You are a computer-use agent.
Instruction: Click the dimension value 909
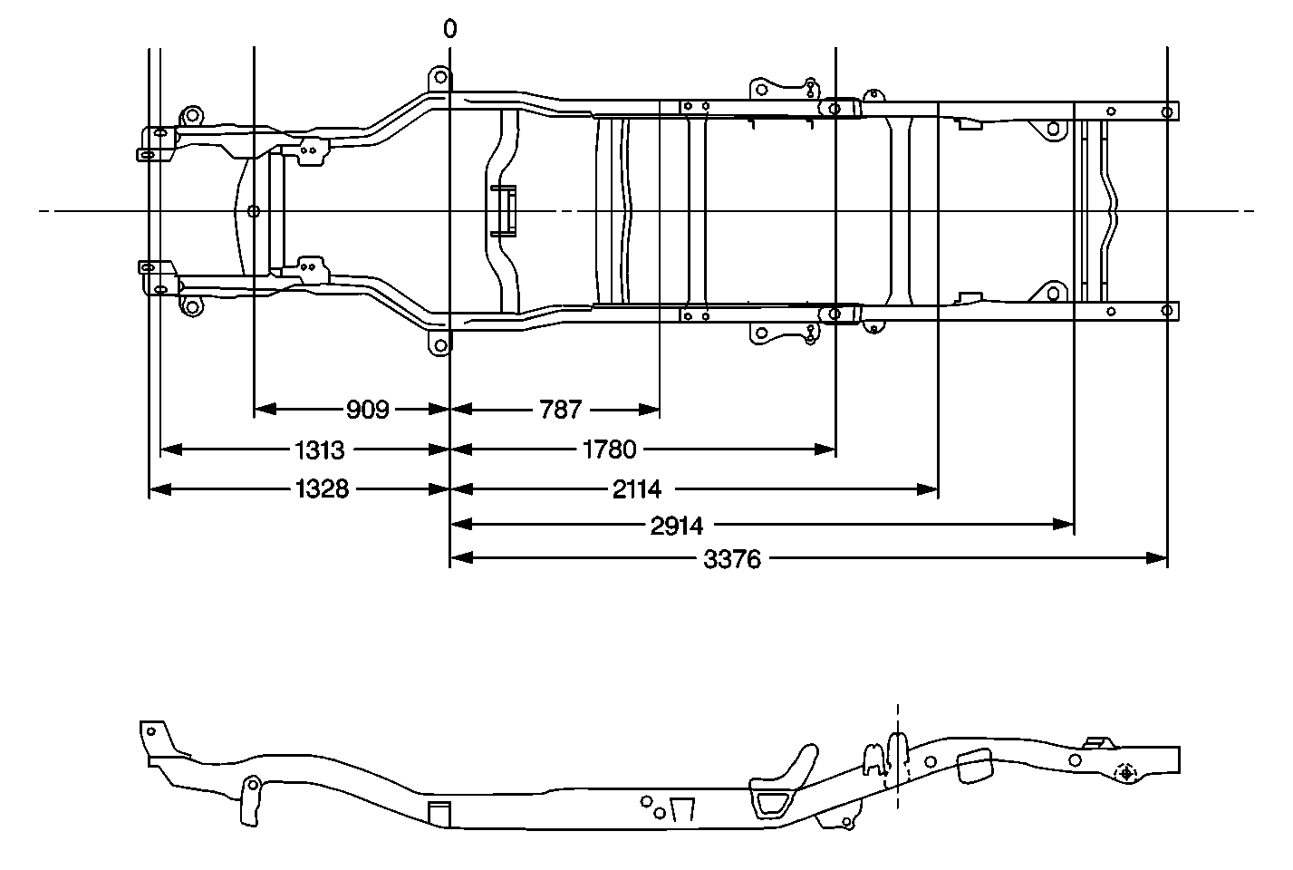pyautogui.click(x=367, y=410)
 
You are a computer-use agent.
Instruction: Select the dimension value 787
pyautogui.click(x=560, y=410)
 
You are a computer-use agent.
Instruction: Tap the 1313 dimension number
pyautogui.click(x=321, y=449)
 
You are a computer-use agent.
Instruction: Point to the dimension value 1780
pyautogui.click(x=611, y=449)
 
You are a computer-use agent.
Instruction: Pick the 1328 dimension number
pyautogui.click(x=322, y=489)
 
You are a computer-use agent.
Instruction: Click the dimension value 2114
pyautogui.click(x=636, y=489)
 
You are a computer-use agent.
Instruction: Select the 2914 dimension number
pyautogui.click(x=677, y=525)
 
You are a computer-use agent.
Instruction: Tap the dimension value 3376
pyautogui.click(x=732, y=559)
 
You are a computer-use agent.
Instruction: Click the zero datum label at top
pyautogui.click(x=450, y=29)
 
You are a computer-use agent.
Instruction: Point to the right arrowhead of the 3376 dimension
pyautogui.click(x=1157, y=559)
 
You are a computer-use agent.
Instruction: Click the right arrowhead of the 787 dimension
pyautogui.click(x=649, y=410)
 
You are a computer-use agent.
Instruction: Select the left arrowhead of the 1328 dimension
pyautogui.click(x=159, y=489)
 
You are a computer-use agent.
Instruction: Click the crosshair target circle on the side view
pyautogui.click(x=1126, y=773)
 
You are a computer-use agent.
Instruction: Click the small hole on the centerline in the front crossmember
pyautogui.click(x=254, y=211)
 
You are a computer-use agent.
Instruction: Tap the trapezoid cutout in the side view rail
pyautogui.click(x=682, y=811)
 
